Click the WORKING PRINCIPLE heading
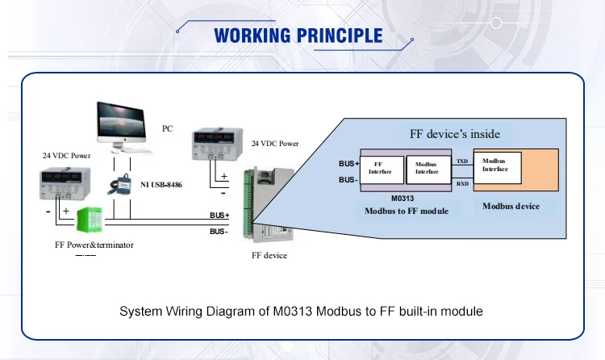(298, 36)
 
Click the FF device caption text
(269, 256)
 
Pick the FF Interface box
(380, 167)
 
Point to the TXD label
(462, 161)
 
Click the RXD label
(462, 184)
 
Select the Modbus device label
(511, 206)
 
